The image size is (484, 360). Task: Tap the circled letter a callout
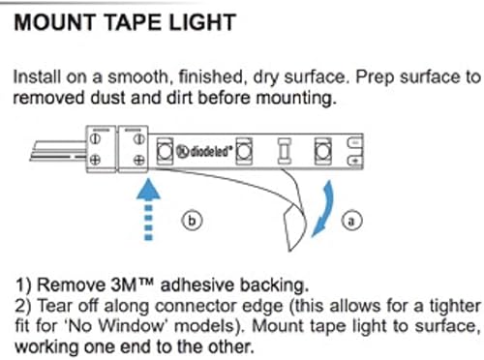(x=352, y=220)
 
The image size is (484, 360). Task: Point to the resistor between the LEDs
(x=284, y=150)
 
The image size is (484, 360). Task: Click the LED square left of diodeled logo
(x=165, y=150)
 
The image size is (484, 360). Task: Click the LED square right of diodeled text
(x=245, y=150)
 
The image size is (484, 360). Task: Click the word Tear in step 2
(x=55, y=305)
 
